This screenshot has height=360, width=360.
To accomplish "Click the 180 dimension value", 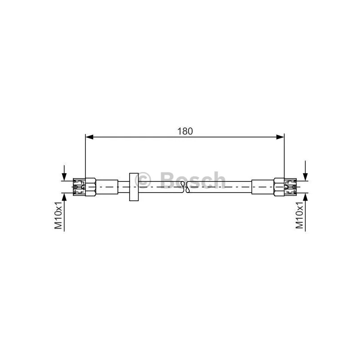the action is pos(185,131).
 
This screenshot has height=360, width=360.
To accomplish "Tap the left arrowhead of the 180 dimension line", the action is pos(89,137).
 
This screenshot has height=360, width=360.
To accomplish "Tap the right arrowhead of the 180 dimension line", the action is pos(280,137).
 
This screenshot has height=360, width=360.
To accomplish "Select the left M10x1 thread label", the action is pos(58,216).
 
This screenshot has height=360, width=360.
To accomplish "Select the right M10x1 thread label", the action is pos(299,216).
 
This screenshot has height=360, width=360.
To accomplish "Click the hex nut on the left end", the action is pos(90,187).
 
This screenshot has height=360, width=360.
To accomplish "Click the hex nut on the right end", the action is pos(279,187).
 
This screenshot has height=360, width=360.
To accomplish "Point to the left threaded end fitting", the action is pos(79,187).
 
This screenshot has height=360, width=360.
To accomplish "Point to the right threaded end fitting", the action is pos(290,187).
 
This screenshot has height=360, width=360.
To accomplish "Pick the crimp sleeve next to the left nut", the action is pos(107,187).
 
